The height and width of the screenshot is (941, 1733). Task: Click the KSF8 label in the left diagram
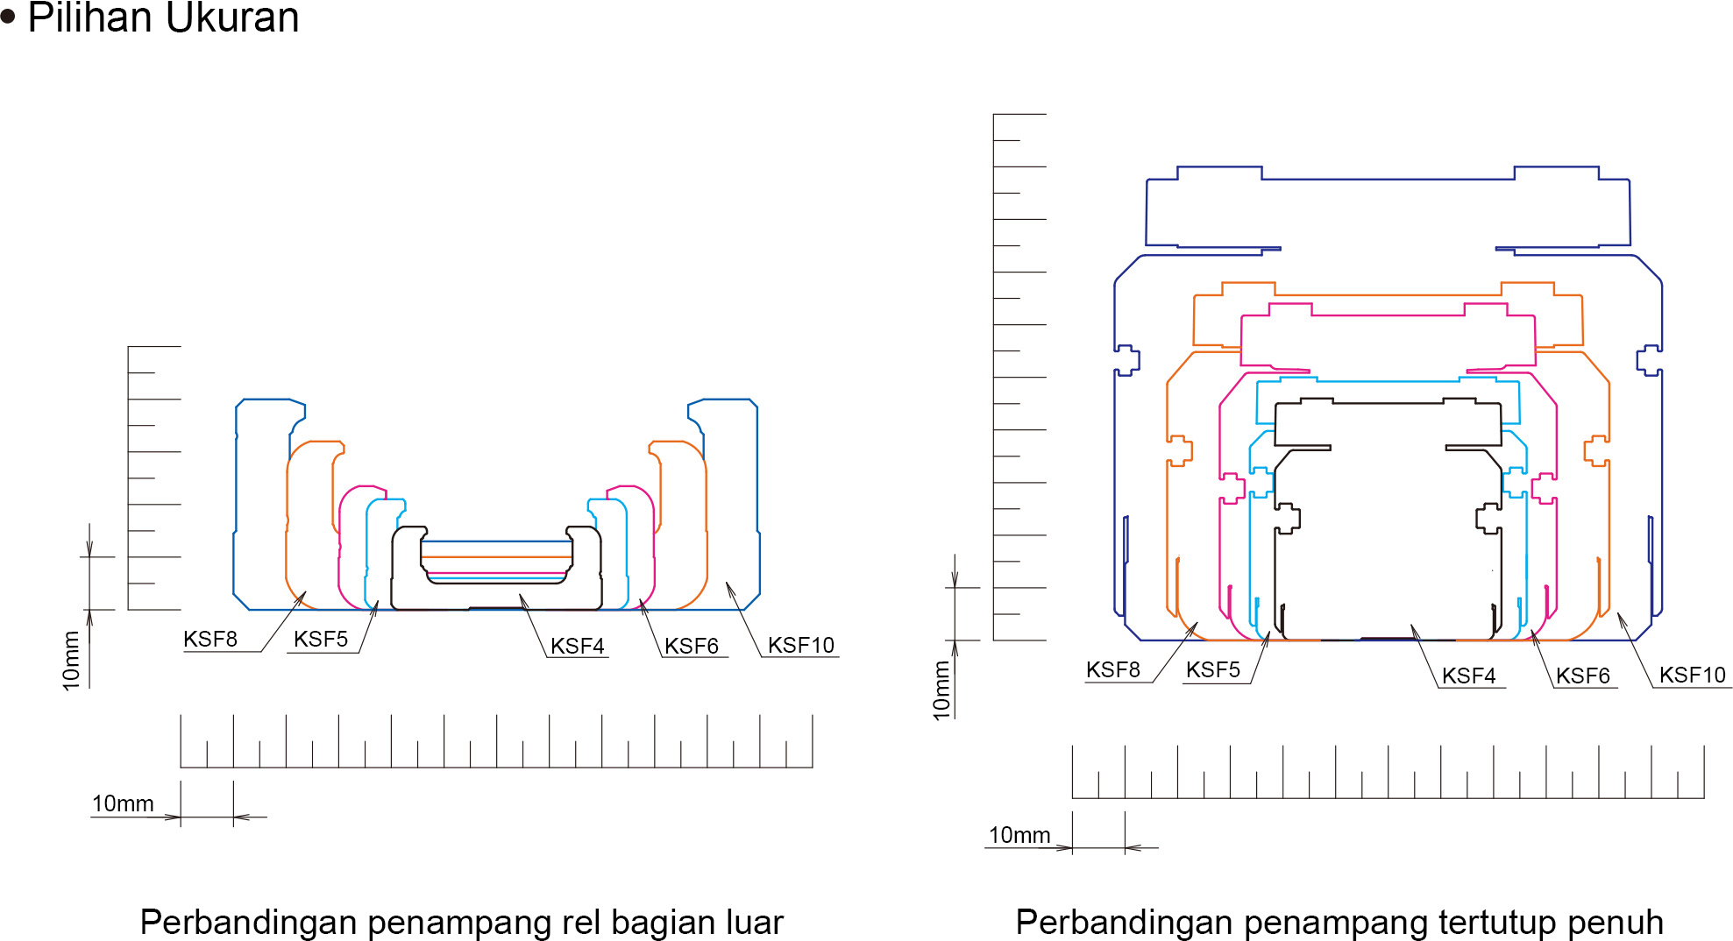pyautogui.click(x=210, y=640)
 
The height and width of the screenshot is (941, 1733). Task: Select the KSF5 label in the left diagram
pyautogui.click(x=321, y=640)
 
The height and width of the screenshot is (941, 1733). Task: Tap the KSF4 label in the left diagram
pyautogui.click(x=578, y=647)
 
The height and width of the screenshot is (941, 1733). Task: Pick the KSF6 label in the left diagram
pyautogui.click(x=692, y=647)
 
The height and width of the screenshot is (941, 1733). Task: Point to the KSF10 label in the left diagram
pyautogui.click(x=801, y=646)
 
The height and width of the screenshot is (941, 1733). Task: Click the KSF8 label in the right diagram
pyautogui.click(x=1113, y=670)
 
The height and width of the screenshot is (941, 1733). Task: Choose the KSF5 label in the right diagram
pyautogui.click(x=1213, y=670)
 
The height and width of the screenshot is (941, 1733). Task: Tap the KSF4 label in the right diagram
pyautogui.click(x=1469, y=676)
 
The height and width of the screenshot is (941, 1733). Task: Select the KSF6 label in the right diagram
pyautogui.click(x=1583, y=676)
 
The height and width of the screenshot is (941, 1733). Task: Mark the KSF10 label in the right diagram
pyautogui.click(x=1693, y=676)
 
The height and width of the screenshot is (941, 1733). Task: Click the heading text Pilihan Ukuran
pyautogui.click(x=164, y=18)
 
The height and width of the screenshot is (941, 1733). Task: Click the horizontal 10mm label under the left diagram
pyautogui.click(x=123, y=804)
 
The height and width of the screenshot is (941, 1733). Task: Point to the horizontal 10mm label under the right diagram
pyautogui.click(x=1019, y=836)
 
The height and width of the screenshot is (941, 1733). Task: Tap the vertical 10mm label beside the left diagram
pyautogui.click(x=71, y=662)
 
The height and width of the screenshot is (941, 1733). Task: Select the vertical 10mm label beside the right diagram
pyautogui.click(x=942, y=691)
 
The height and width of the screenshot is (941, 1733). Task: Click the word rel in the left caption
pyautogui.click(x=584, y=923)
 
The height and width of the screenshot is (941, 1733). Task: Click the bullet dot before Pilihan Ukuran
pyautogui.click(x=9, y=18)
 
